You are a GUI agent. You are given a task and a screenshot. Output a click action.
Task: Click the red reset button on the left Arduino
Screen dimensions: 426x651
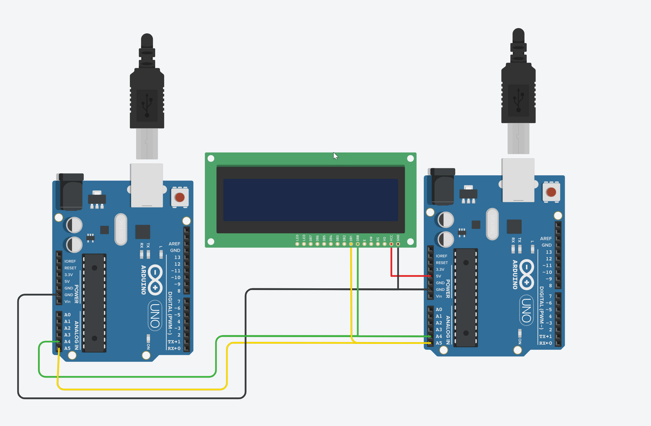pyautogui.click(x=180, y=197)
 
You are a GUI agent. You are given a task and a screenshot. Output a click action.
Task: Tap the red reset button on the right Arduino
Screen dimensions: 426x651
pyautogui.click(x=551, y=192)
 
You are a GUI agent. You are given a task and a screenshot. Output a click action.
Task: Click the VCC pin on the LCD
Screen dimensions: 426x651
pyautogui.click(x=391, y=244)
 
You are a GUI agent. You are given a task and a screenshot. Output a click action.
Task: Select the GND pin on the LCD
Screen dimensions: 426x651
pyautogui.click(x=398, y=244)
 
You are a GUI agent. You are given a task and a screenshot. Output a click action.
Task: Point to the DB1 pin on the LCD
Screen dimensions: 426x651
pyautogui.click(x=351, y=244)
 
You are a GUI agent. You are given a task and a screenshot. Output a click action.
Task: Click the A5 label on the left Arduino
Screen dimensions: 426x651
pyautogui.click(x=67, y=348)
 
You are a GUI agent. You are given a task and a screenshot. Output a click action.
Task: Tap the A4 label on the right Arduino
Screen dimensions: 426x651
pyautogui.click(x=439, y=336)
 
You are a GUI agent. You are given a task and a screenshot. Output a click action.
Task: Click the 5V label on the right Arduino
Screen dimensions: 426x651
pyautogui.click(x=439, y=276)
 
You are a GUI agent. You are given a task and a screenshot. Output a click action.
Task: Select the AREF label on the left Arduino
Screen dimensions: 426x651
pyautogui.click(x=174, y=244)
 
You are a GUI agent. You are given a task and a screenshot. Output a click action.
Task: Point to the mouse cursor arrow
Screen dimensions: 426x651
pyautogui.click(x=335, y=156)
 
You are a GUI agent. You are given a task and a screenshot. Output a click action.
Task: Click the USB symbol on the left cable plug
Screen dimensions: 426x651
pyautogui.click(x=147, y=105)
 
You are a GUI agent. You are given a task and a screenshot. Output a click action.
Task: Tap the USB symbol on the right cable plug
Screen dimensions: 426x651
pyautogui.click(x=518, y=100)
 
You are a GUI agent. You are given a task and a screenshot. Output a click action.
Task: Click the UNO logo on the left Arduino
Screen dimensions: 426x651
pyautogui.click(x=155, y=316)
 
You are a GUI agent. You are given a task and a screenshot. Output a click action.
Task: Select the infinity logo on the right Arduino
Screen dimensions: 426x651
pyautogui.click(x=526, y=274)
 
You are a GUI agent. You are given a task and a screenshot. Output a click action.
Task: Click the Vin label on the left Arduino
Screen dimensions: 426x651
pyautogui.click(x=67, y=301)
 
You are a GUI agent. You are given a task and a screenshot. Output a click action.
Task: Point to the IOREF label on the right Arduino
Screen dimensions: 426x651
pyautogui.click(x=441, y=256)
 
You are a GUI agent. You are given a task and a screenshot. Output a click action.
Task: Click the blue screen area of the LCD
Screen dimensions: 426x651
pyautogui.click(x=310, y=200)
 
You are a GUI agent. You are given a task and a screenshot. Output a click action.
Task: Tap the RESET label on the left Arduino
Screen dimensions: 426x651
pyautogui.click(x=70, y=268)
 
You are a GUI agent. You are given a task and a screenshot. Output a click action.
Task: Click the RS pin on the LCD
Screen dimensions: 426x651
pyautogui.click(x=378, y=244)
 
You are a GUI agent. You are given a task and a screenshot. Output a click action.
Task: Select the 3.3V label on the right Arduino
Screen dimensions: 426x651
pyautogui.click(x=440, y=269)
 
